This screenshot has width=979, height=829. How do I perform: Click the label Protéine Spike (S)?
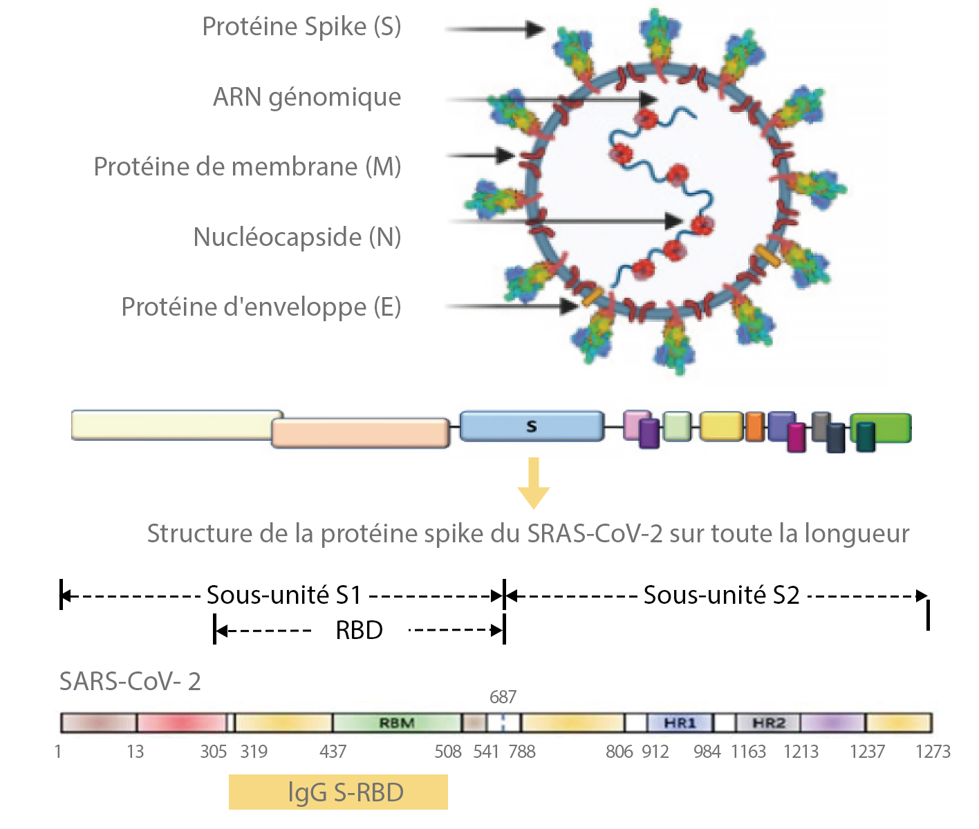click(301, 27)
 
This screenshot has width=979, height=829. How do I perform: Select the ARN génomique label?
click(307, 97)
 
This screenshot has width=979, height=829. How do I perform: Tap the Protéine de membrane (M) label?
click(248, 167)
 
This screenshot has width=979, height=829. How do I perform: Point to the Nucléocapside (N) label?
click(297, 237)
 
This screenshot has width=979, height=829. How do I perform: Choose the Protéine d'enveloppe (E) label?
click(261, 307)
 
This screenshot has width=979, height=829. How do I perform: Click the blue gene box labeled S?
click(531, 426)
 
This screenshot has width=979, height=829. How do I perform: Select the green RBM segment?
click(397, 723)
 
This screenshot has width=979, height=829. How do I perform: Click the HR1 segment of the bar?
click(680, 723)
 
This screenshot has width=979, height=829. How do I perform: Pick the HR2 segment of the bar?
click(768, 723)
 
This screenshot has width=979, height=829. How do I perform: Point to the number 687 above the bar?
click(503, 697)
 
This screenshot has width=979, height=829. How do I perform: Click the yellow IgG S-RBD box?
click(338, 792)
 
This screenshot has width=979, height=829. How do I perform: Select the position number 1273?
click(933, 752)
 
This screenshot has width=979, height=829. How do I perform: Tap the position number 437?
click(333, 752)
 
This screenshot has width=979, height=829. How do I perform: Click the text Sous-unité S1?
click(284, 595)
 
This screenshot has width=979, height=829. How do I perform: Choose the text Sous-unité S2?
click(721, 595)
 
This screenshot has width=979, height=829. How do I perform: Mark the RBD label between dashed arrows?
click(359, 630)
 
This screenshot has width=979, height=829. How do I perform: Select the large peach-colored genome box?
click(360, 433)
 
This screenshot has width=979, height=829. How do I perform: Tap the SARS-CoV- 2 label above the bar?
click(130, 682)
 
